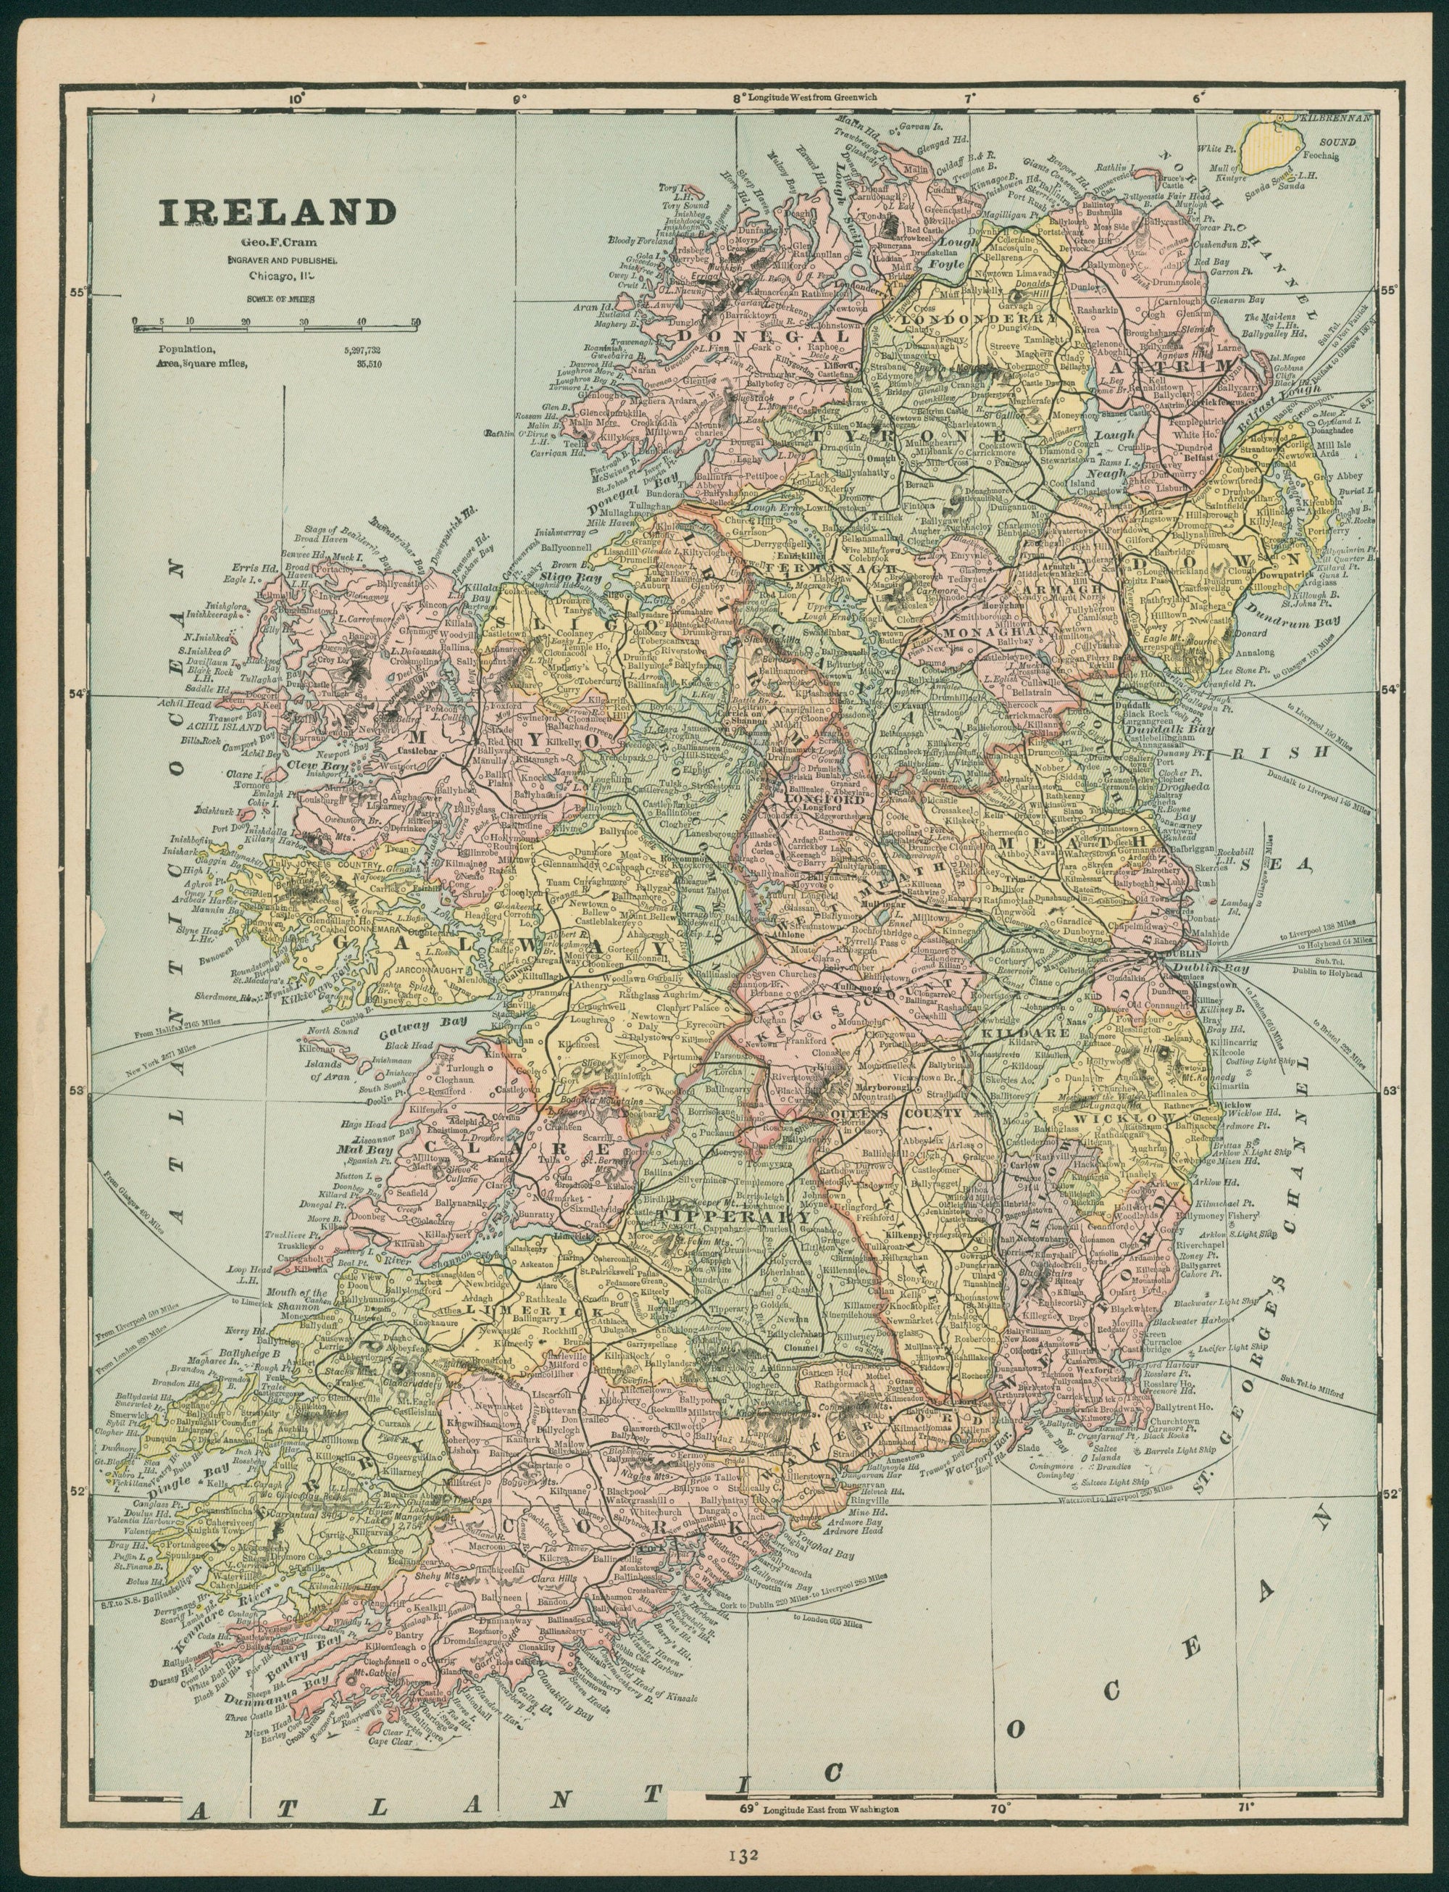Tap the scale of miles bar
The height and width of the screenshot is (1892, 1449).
[276, 321]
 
